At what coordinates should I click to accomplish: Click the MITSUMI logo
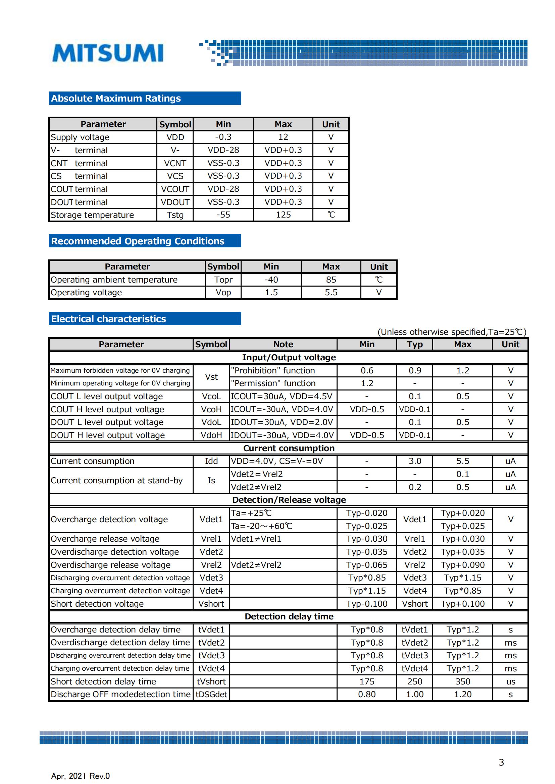pyautogui.click(x=108, y=53)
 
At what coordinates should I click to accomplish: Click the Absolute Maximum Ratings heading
pyautogui.click(x=116, y=98)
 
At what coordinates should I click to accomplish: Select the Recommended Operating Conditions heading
pyautogui.click(x=138, y=241)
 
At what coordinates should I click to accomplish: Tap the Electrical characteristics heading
pyautogui.click(x=109, y=319)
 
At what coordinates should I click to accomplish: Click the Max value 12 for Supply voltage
pyautogui.click(x=283, y=137)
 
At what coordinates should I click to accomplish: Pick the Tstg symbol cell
pyautogui.click(x=175, y=215)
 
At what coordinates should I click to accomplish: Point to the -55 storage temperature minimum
pyautogui.click(x=223, y=215)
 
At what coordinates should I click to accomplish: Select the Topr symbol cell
pyautogui.click(x=223, y=280)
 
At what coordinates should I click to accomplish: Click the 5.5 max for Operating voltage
pyautogui.click(x=331, y=293)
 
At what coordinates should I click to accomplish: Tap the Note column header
pyautogui.click(x=283, y=344)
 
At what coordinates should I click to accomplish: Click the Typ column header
pyautogui.click(x=414, y=344)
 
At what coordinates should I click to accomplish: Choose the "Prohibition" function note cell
pyautogui.click(x=273, y=370)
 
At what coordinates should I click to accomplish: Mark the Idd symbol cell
pyautogui.click(x=211, y=461)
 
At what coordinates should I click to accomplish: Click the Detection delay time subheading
pyautogui.click(x=289, y=616)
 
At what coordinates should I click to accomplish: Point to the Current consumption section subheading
pyautogui.click(x=289, y=448)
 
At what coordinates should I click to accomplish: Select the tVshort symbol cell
pyautogui.click(x=211, y=681)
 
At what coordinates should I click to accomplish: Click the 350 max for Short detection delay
pyautogui.click(x=462, y=681)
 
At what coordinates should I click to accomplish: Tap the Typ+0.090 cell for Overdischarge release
pyautogui.click(x=462, y=565)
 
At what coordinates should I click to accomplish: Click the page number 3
pyautogui.click(x=501, y=763)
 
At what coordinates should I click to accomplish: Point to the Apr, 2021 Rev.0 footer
pyautogui.click(x=80, y=776)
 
